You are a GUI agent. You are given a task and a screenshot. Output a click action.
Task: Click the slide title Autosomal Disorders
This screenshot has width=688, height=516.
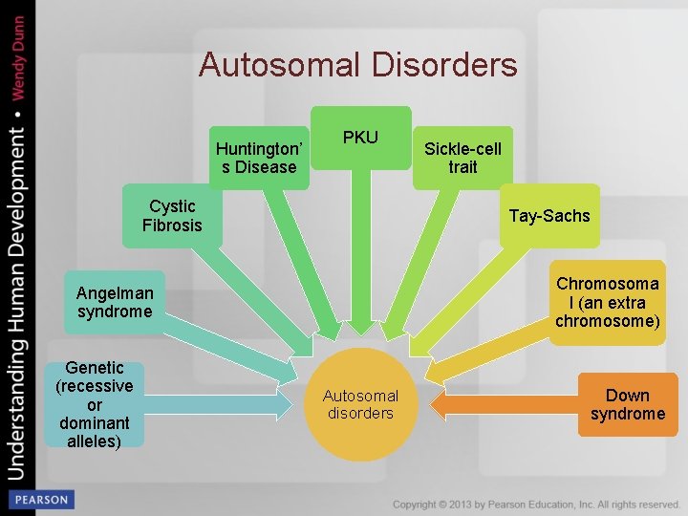tap(358, 65)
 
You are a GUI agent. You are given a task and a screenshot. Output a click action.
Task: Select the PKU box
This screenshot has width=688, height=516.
tap(360, 138)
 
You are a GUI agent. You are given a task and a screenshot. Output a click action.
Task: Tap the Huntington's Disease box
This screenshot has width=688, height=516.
tap(259, 158)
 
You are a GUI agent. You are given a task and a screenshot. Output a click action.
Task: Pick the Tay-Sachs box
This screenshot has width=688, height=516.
tap(549, 215)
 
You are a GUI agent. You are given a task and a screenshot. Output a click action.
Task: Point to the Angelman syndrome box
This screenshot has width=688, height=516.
tap(115, 302)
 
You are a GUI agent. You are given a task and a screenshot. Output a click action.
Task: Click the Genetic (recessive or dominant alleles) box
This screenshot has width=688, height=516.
tap(95, 404)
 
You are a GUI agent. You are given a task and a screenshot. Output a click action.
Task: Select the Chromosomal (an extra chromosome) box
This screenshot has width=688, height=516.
tap(607, 302)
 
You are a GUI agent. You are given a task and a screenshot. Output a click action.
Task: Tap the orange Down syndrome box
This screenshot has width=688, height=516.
tap(627, 404)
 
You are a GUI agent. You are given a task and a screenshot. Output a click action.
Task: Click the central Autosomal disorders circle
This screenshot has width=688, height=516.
tap(360, 404)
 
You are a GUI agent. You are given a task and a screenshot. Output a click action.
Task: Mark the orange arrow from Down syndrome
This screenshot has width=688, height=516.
tap(497, 403)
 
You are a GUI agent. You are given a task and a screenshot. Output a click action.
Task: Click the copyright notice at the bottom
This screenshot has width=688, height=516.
tap(536, 504)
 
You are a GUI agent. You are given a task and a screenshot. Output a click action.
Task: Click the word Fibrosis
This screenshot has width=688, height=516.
tap(172, 226)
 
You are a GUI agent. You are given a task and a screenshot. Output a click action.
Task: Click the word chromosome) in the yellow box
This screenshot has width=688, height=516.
tap(607, 321)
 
